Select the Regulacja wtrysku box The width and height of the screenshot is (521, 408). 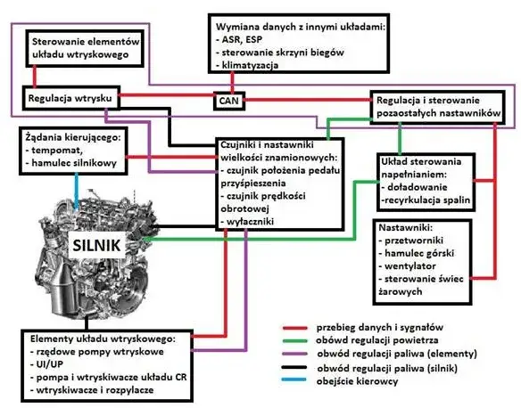pos(62,96)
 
